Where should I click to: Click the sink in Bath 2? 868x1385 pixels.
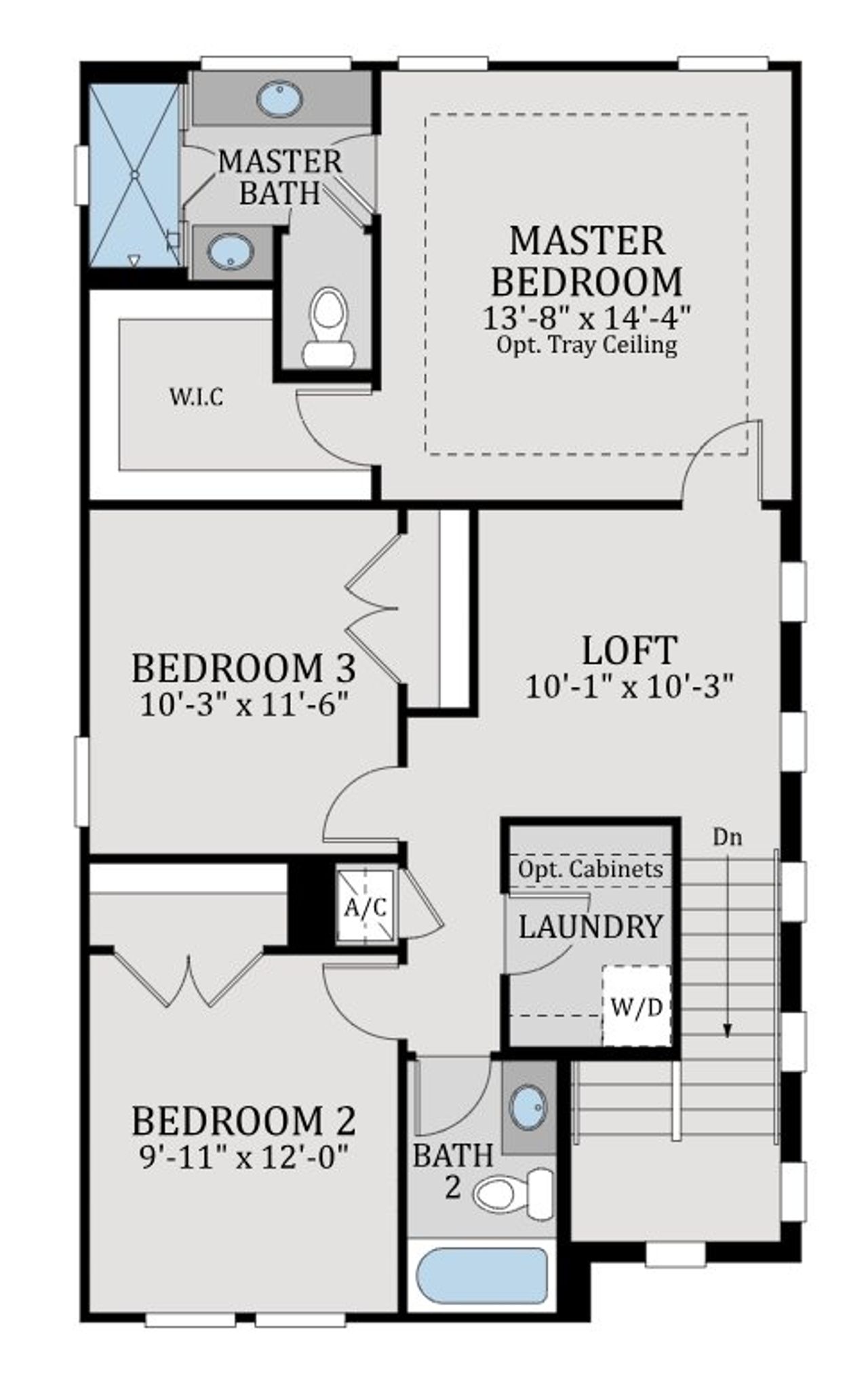(528, 1108)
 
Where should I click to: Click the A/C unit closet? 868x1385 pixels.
(366, 906)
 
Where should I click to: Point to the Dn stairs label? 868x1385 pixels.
(727, 838)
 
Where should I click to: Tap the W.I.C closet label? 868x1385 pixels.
(196, 397)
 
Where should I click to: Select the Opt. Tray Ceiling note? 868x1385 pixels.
(587, 345)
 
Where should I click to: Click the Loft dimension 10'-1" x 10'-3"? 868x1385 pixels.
(630, 687)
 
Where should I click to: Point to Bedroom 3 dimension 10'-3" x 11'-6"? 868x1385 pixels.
(244, 705)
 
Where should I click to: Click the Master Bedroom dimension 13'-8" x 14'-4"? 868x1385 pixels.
(587, 317)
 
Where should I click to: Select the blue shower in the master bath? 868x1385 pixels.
(134, 175)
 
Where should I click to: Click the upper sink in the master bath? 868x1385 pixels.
(279, 99)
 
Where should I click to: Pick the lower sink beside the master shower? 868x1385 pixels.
(231, 252)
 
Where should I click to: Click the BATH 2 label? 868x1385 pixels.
(452, 1171)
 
